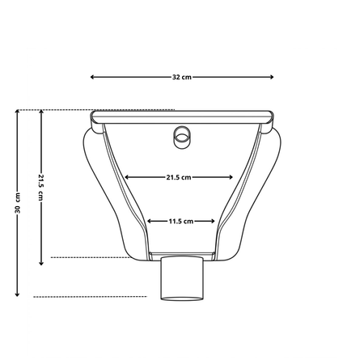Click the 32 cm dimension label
(x=182, y=77)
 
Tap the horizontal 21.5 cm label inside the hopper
(x=179, y=177)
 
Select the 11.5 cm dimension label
(x=181, y=222)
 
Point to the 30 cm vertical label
(x=17, y=203)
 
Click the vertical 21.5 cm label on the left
(x=41, y=188)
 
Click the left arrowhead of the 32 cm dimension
(x=92, y=77)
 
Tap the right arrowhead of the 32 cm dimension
(x=272, y=77)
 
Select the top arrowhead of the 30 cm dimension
(x=17, y=112)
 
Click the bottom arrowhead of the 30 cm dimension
(x=17, y=294)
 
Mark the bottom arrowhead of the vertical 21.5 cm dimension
(x=41, y=264)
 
